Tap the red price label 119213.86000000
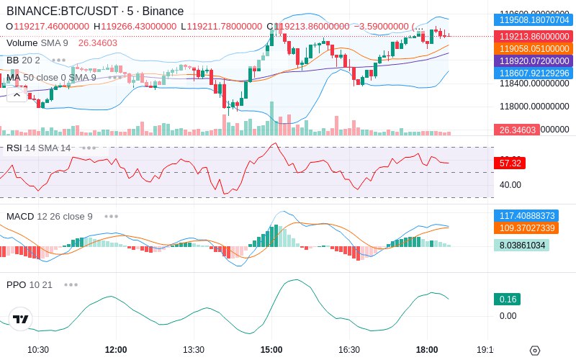(535, 36)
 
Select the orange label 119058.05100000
(535, 48)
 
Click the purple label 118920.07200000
(535, 60)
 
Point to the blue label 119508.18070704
(535, 20)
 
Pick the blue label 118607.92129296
(535, 73)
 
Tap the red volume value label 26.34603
(516, 130)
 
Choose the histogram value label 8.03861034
(521, 245)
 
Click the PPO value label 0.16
(507, 299)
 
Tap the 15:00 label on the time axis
(271, 350)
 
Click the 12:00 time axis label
(116, 350)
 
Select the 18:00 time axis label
(427, 350)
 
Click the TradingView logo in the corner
(21, 319)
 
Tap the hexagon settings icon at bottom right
(534, 351)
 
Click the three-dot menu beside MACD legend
(111, 216)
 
